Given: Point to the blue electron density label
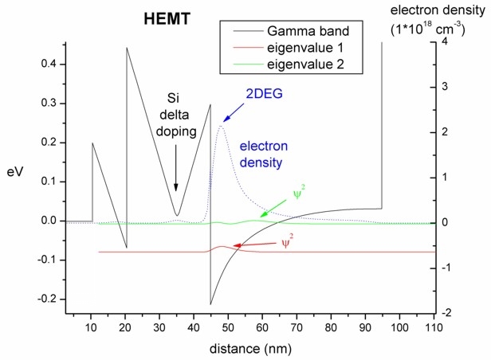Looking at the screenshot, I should (263, 155).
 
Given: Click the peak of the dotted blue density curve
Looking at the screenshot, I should (221, 126).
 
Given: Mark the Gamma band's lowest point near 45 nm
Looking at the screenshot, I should (210, 304).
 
